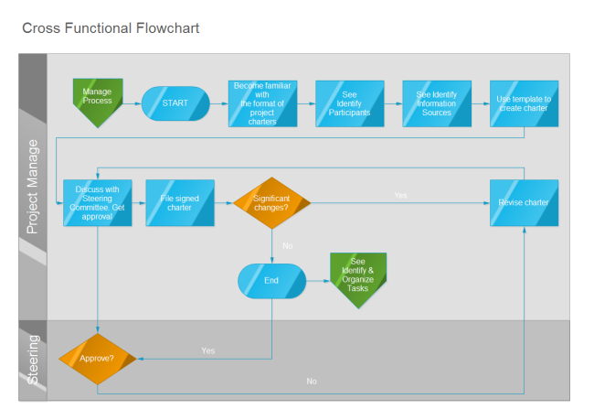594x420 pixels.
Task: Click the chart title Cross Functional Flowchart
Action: [111, 28]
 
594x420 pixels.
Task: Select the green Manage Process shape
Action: [97, 100]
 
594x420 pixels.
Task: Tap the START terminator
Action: [175, 103]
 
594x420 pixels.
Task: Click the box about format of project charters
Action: [262, 103]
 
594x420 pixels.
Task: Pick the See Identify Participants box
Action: [349, 103]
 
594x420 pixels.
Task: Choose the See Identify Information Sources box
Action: [437, 103]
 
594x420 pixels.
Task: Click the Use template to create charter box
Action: [524, 103]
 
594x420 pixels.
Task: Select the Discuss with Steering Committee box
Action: [97, 203]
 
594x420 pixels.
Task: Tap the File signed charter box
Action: [180, 203]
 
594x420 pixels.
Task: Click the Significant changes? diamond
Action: [271, 203]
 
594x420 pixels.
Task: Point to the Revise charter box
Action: [524, 203]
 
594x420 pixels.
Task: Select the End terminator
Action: [271, 280]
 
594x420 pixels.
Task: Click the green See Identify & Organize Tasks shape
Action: [358, 277]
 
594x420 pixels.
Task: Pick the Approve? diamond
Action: [97, 358]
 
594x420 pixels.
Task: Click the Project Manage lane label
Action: [33, 187]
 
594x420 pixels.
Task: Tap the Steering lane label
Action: [33, 360]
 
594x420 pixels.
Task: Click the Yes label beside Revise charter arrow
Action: [400, 195]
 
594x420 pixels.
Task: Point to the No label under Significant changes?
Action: [287, 245]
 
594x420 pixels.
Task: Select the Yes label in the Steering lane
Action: [208, 350]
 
